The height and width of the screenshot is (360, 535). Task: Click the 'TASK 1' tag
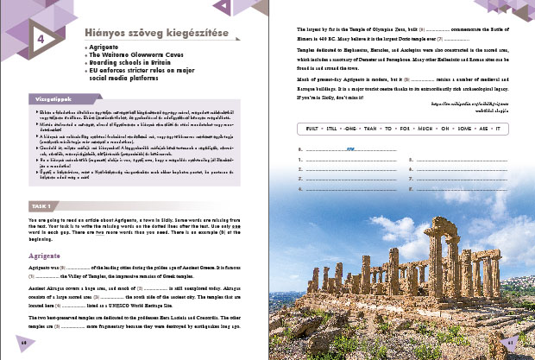(40, 207)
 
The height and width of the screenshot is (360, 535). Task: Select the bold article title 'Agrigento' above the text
(42, 256)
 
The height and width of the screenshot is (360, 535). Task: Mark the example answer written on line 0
(350, 148)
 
